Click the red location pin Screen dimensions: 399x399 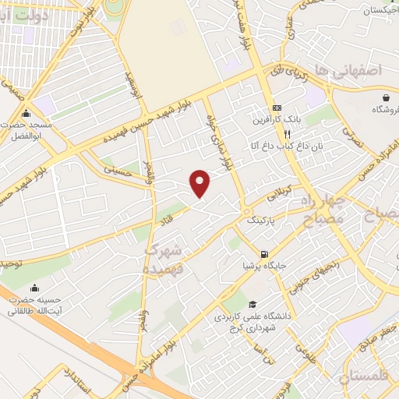pyautogui.click(x=200, y=182)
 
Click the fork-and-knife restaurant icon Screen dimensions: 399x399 pyautogui.click(x=288, y=133)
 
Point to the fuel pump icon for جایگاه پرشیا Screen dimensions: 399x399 pyautogui.click(x=266, y=254)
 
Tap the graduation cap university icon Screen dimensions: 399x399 pyautogui.click(x=251, y=305)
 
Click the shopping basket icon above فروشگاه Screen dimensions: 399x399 pyautogui.click(x=387, y=97)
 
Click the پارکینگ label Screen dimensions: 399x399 pyautogui.click(x=261, y=221)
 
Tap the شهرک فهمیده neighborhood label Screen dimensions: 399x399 pyautogui.click(x=163, y=258)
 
